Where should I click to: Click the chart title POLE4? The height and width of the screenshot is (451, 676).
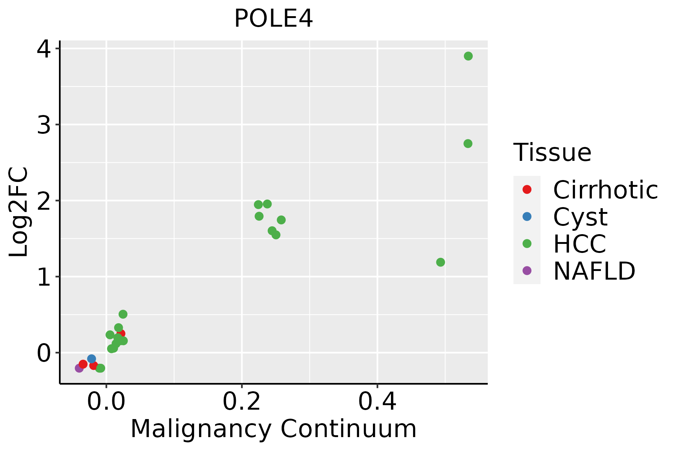pyautogui.click(x=273, y=19)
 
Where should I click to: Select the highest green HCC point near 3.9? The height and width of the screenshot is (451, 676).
pyautogui.click(x=468, y=56)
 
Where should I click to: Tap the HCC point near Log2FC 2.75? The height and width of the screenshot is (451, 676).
pyautogui.click(x=468, y=144)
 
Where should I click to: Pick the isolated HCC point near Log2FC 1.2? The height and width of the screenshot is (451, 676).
pyautogui.click(x=441, y=262)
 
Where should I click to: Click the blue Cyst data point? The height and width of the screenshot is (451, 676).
pyautogui.click(x=91, y=359)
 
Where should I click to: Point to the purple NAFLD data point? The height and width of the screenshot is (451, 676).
pyautogui.click(x=79, y=368)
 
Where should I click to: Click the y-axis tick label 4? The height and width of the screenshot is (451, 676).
pyautogui.click(x=44, y=49)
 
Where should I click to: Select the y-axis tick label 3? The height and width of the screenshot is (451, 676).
pyautogui.click(x=44, y=125)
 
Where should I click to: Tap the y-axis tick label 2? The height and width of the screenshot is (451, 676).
pyautogui.click(x=44, y=201)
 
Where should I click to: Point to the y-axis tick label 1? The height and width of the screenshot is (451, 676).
pyautogui.click(x=44, y=277)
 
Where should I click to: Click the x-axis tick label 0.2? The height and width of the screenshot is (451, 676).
pyautogui.click(x=242, y=402)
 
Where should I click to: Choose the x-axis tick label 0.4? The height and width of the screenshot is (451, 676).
pyautogui.click(x=377, y=402)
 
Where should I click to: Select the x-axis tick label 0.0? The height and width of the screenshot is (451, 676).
pyautogui.click(x=106, y=402)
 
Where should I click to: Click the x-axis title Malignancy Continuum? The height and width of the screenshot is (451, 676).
pyautogui.click(x=273, y=429)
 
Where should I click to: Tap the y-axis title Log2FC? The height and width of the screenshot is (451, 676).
pyautogui.click(x=19, y=212)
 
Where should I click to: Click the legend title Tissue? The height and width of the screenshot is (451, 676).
pyautogui.click(x=552, y=153)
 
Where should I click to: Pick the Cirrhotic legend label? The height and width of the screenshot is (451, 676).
pyautogui.click(x=605, y=190)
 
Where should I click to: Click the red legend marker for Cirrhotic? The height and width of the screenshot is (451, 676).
pyautogui.click(x=527, y=189)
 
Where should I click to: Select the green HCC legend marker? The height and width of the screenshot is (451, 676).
pyautogui.click(x=527, y=244)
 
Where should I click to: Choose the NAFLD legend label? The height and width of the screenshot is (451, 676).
pyautogui.click(x=594, y=271)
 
